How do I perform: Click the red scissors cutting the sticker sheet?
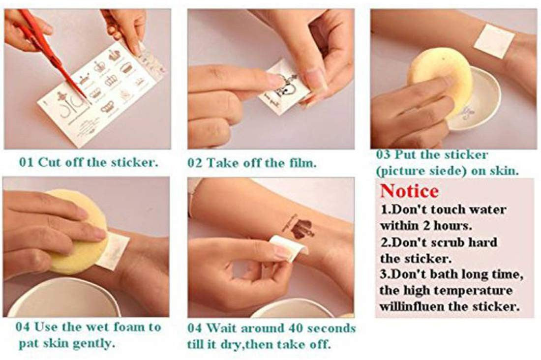point(52,52)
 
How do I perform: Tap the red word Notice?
point(409,191)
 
